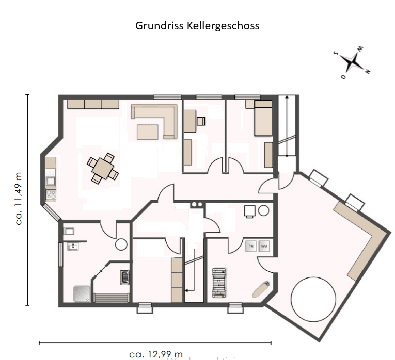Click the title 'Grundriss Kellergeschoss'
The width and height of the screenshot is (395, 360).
click(x=197, y=25)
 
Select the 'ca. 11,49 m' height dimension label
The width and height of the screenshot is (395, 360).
click(x=19, y=200)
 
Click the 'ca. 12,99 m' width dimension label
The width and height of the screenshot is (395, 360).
click(x=156, y=354)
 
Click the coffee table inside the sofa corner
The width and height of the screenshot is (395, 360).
click(x=148, y=132)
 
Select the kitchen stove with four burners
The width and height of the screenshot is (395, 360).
click(x=51, y=194)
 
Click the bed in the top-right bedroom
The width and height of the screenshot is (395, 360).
click(x=263, y=119)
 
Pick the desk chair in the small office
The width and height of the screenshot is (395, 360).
click(x=200, y=121)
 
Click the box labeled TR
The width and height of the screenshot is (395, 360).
click(x=251, y=246)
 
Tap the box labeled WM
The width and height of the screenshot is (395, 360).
click(x=264, y=246)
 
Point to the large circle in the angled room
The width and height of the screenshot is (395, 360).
click(x=313, y=299)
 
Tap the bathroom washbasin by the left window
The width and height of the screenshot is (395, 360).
click(x=72, y=247)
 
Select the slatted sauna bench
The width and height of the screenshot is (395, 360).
click(x=112, y=298)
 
